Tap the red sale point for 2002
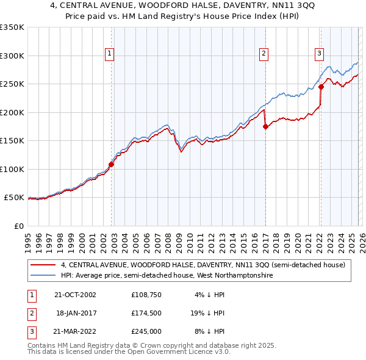click(112, 164)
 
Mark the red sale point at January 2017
click(265, 127)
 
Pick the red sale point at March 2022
click(321, 87)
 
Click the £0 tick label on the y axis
click(18, 226)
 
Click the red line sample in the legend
click(43, 265)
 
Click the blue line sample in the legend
click(43, 276)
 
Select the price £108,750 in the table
click(146, 295)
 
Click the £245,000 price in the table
click(146, 331)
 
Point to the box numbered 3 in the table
click(30, 331)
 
